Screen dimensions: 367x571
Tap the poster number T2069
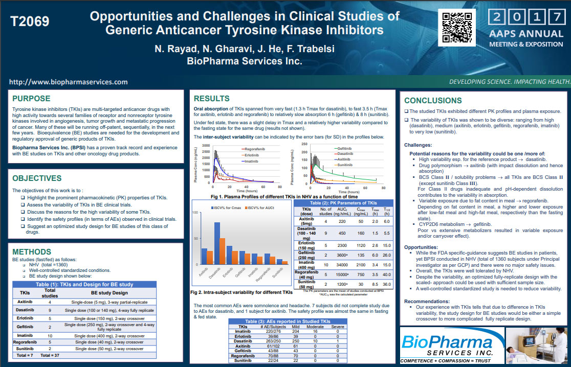click(x=30, y=22)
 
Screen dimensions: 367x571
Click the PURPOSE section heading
click(x=31, y=99)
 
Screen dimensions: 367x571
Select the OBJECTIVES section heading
click(x=37, y=178)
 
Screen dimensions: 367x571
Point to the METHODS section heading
click(x=32, y=252)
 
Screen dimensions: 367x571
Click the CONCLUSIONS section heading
click(x=433, y=101)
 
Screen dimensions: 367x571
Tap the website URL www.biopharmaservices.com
click(x=69, y=82)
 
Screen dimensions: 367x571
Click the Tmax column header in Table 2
click(x=376, y=212)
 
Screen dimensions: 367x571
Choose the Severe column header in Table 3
click(x=337, y=326)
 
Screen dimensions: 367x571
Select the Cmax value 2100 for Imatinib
click(x=361, y=265)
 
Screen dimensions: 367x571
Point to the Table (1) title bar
click(x=84, y=284)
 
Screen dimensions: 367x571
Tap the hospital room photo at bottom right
click(x=537, y=345)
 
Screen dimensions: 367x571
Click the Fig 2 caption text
click(x=241, y=292)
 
